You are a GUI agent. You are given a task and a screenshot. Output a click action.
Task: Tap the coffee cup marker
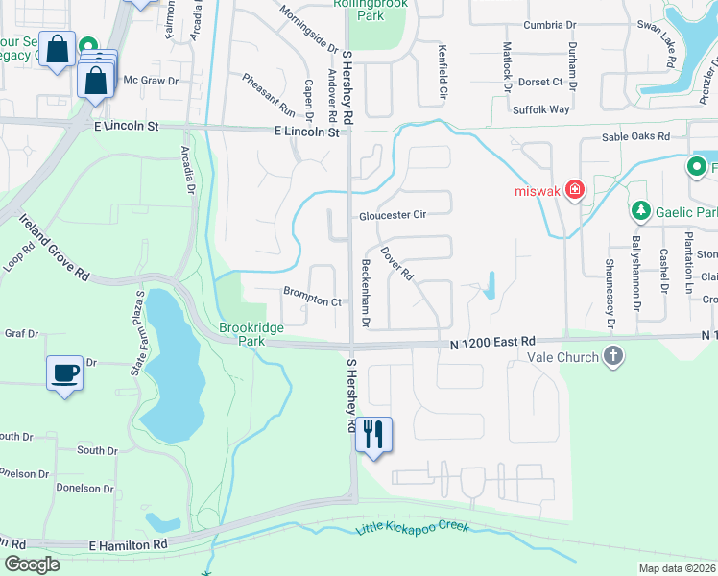coord(65,373)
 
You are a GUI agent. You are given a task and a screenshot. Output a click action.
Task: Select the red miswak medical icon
coord(574,190)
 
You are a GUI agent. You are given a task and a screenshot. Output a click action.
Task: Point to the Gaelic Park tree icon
coord(640,210)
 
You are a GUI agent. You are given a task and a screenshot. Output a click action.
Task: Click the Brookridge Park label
coord(251,334)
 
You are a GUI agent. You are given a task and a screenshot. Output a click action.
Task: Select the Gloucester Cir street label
coord(392,215)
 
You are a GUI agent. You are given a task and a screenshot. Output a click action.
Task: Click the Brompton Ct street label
coord(312,301)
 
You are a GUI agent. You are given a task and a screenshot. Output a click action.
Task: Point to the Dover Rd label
coord(396,263)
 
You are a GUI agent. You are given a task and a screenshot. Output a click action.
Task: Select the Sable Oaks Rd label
coord(635,136)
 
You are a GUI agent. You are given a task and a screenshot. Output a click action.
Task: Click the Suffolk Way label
coord(541,109)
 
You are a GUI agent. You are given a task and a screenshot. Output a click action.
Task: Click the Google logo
coord(32,564)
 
